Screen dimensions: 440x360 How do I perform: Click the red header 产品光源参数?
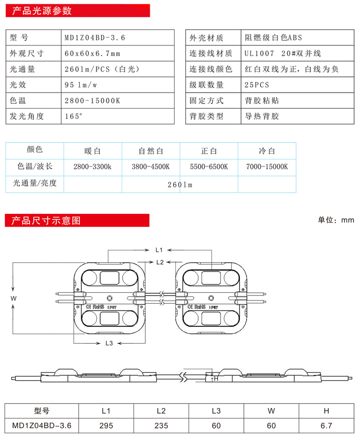pos(41,10)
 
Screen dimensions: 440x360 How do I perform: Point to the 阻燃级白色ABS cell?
pos(273,38)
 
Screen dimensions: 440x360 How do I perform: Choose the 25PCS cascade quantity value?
pos(257,85)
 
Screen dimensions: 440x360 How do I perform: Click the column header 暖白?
pos(93,150)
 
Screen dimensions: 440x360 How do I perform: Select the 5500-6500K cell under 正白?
pos(209,167)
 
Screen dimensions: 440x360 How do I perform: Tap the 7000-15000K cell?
pos(267,167)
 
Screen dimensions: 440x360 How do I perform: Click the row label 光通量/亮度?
pos(35,183)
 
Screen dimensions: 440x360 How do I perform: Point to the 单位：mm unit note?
pos(336,220)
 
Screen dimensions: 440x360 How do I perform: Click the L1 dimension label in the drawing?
pos(159,250)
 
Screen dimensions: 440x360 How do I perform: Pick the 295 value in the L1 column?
pos(106,426)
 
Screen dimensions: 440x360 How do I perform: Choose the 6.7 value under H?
pos(326,426)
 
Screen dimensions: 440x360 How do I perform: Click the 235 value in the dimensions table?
pos(161,426)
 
